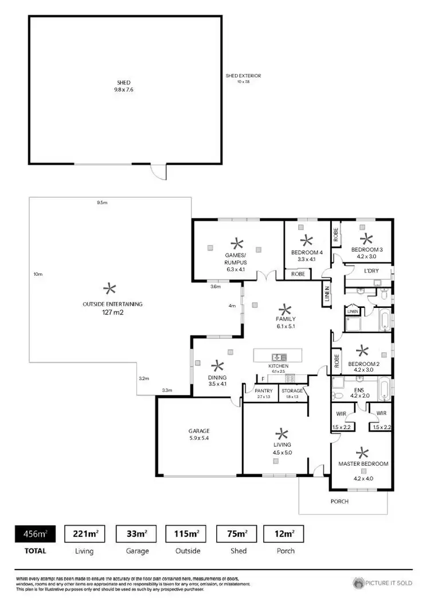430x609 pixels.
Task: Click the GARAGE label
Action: [199, 431]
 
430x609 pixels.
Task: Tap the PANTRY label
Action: [264, 391]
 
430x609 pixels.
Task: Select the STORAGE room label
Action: [292, 391]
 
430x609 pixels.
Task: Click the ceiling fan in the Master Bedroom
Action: [363, 453]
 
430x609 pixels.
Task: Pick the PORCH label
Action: [339, 501]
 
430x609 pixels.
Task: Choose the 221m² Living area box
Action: [84, 534]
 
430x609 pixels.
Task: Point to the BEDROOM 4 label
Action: [307, 252]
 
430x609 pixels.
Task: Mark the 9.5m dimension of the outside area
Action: [102, 202]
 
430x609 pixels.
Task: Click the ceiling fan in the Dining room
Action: [217, 365]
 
